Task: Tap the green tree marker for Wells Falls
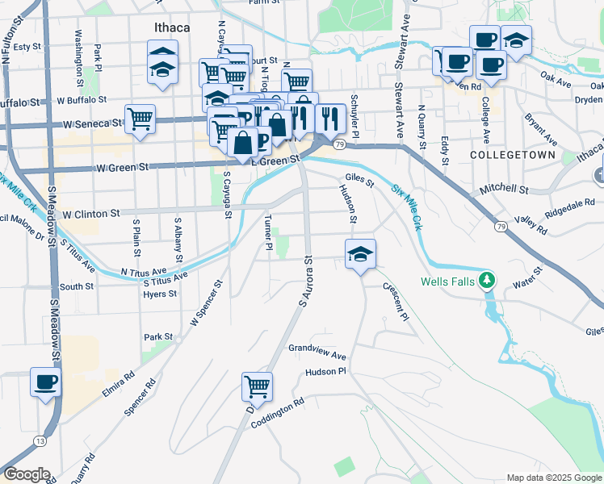point(486,281)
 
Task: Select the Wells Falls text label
point(447,282)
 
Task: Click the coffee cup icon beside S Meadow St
point(45,382)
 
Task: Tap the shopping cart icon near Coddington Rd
point(257,386)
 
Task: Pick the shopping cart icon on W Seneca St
point(140,119)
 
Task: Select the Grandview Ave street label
point(317,351)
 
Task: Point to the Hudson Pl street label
point(325,372)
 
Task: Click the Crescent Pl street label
point(396,301)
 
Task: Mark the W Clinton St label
point(90,215)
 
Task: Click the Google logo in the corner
point(27,474)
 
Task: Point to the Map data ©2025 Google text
point(554,478)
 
